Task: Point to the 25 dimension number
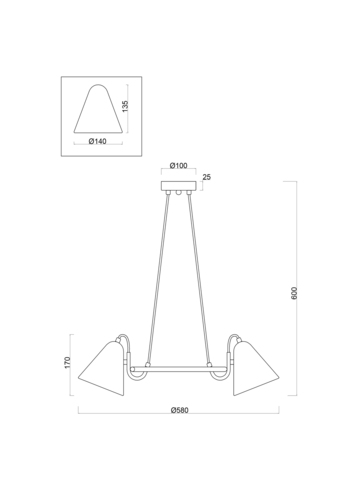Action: pos(207,178)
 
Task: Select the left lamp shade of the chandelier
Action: pos(100,367)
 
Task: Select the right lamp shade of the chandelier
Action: pos(257,367)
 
